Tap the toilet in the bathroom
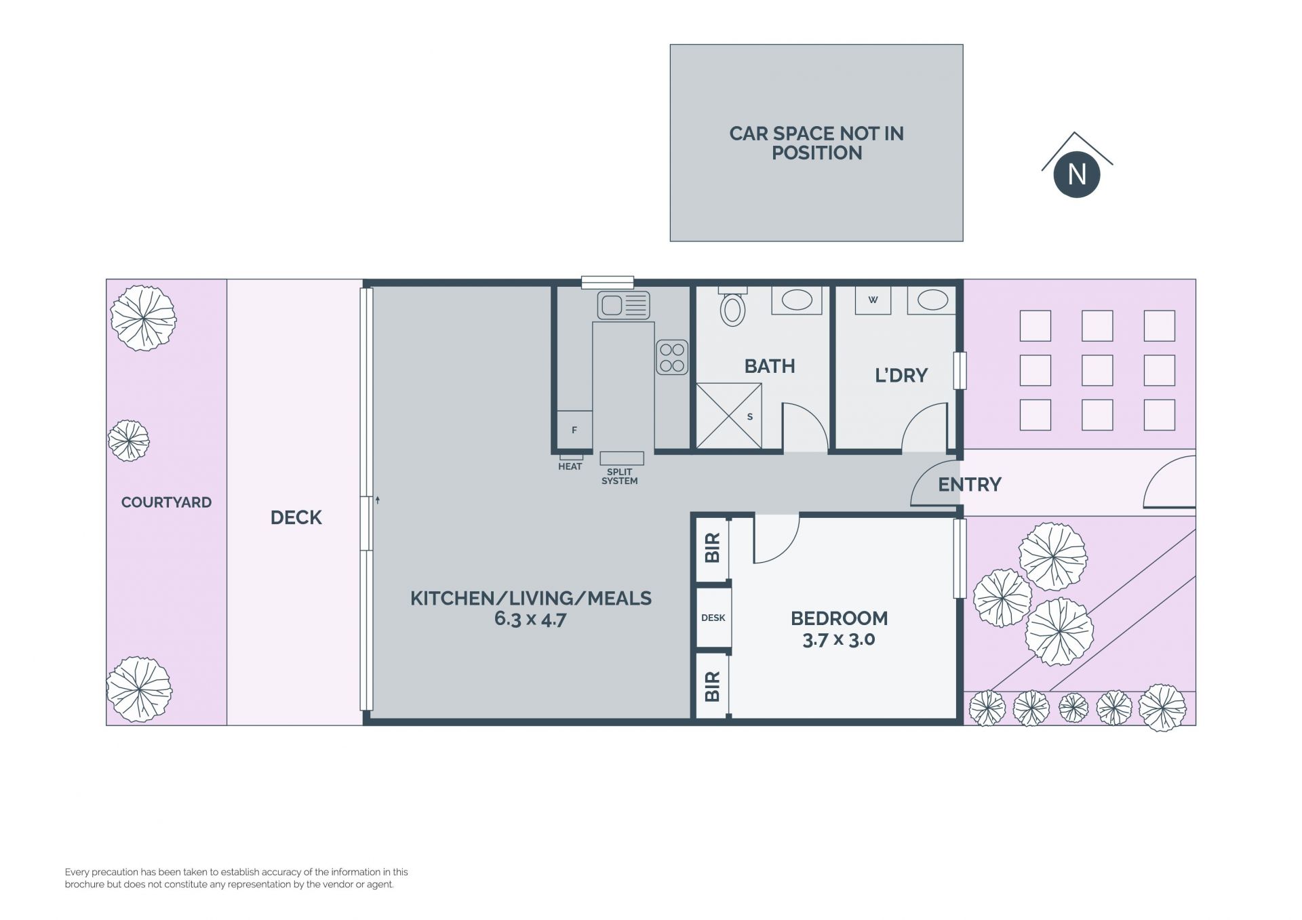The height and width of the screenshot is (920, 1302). pyautogui.click(x=732, y=307)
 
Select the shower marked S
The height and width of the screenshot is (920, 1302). pyautogui.click(x=729, y=416)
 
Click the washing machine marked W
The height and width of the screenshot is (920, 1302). pyautogui.click(x=873, y=300)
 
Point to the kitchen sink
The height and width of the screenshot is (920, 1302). pyautogui.click(x=623, y=305)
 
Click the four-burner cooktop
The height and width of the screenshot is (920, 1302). pyautogui.click(x=672, y=357)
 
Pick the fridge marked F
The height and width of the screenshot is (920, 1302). pyautogui.click(x=574, y=430)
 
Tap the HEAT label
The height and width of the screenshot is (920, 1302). pyautogui.click(x=570, y=466)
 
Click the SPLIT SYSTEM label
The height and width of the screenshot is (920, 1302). pyautogui.click(x=620, y=477)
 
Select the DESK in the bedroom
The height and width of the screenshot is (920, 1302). pyautogui.click(x=713, y=618)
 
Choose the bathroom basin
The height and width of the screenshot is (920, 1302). pyautogui.click(x=797, y=300)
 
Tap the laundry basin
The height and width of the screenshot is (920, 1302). pyautogui.click(x=932, y=300)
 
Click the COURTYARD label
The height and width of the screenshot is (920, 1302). pyautogui.click(x=166, y=502)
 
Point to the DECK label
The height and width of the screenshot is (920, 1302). pyautogui.click(x=296, y=517)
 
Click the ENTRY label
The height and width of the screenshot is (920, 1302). pyautogui.click(x=970, y=484)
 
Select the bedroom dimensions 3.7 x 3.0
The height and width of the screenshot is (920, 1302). pyautogui.click(x=839, y=639)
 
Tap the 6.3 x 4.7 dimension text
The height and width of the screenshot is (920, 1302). pyautogui.click(x=530, y=619)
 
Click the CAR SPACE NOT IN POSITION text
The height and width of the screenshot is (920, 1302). pyautogui.click(x=816, y=143)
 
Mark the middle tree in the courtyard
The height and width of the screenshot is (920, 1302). pyautogui.click(x=129, y=441)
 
